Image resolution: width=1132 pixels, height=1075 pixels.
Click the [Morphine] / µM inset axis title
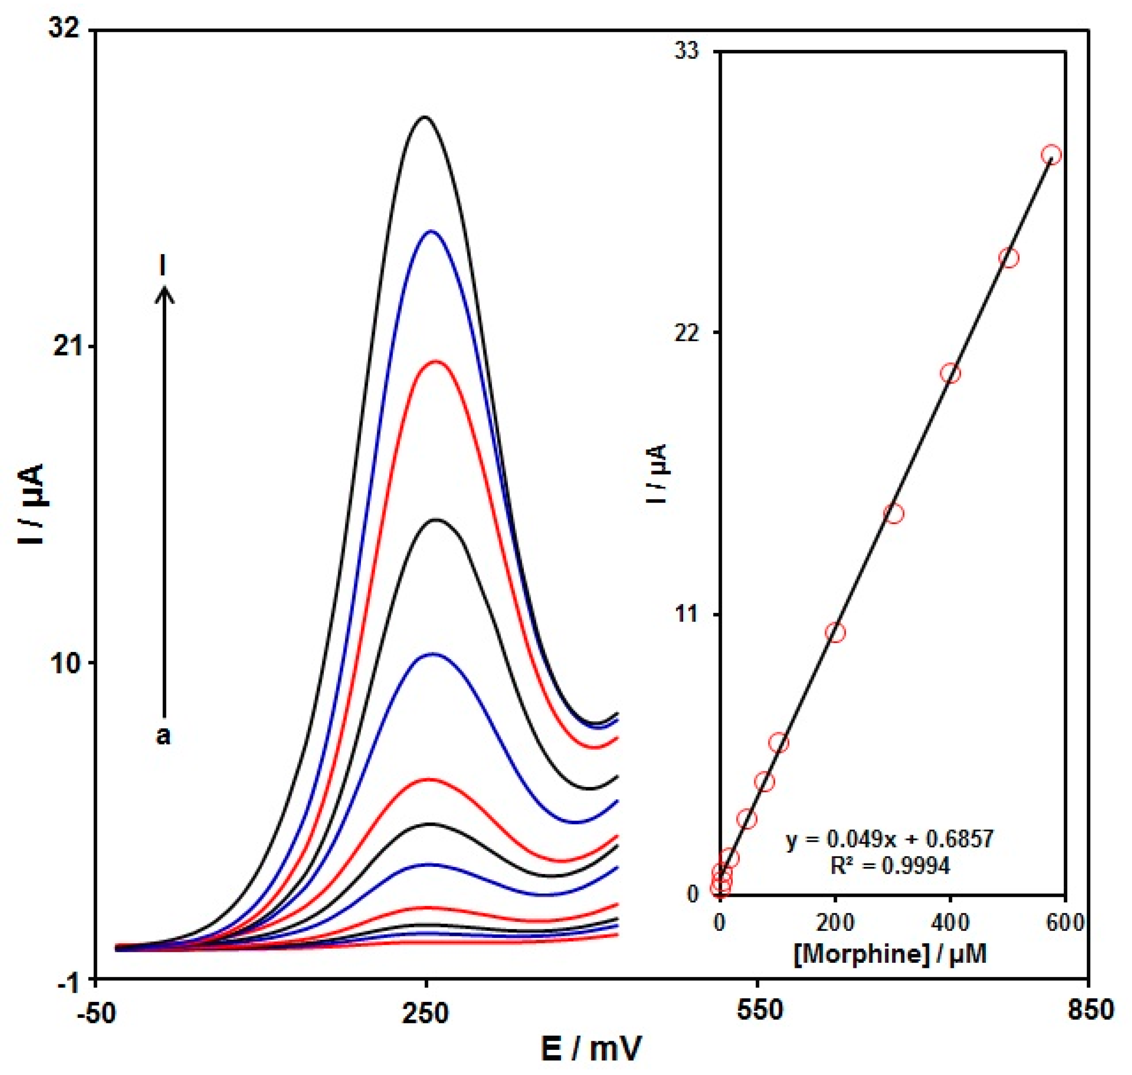click(891, 954)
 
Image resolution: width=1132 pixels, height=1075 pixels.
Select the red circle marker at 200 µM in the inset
click(835, 633)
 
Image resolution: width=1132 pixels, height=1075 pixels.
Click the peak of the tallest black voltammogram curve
click(424, 117)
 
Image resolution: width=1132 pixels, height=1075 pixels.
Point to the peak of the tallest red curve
click(435, 362)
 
